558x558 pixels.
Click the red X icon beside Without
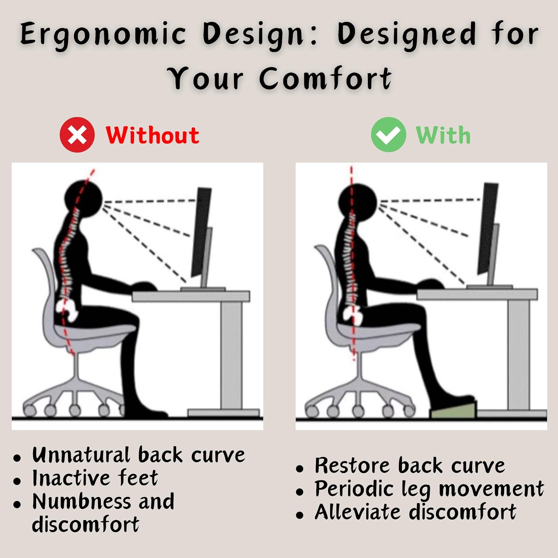(x=77, y=135)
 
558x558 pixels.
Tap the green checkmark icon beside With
(x=388, y=135)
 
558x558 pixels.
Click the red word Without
(x=152, y=135)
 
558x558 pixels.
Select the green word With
(x=443, y=135)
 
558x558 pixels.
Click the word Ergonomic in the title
(x=103, y=34)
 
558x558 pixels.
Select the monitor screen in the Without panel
(x=201, y=231)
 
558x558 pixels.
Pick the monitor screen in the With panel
(x=488, y=227)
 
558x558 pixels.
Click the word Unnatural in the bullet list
(x=81, y=455)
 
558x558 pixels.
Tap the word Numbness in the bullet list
(x=81, y=501)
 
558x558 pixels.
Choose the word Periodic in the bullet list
(x=354, y=489)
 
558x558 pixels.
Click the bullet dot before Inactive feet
(x=17, y=481)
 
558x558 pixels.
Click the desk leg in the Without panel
(x=231, y=353)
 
